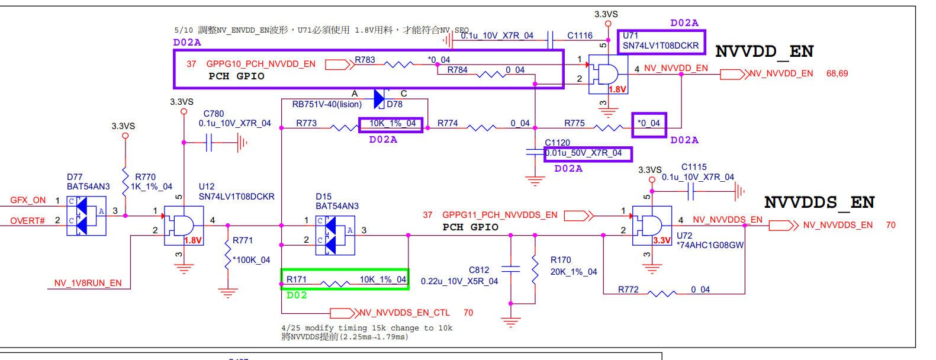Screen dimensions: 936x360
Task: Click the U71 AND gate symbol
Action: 608,75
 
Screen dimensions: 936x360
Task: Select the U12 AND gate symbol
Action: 184,226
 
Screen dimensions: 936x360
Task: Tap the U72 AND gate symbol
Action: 652,226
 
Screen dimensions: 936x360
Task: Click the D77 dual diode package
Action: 86,216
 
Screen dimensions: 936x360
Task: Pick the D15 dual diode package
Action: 335,236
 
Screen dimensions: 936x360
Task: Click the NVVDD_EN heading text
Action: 764,52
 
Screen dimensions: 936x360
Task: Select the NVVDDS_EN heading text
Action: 819,202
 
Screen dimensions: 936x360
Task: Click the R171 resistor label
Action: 296,279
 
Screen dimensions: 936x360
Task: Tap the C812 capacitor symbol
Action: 510,268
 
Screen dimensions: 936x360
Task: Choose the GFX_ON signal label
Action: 28,200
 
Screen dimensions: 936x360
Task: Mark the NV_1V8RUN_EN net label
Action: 88,283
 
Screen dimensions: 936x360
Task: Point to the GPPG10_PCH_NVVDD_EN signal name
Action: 260,64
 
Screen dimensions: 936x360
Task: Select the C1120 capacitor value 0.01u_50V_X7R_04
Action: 584,153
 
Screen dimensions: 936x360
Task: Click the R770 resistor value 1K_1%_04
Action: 152,187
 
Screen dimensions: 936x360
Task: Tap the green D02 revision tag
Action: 297,295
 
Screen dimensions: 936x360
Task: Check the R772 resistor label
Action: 628,290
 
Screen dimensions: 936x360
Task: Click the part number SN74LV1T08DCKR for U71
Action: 661,46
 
